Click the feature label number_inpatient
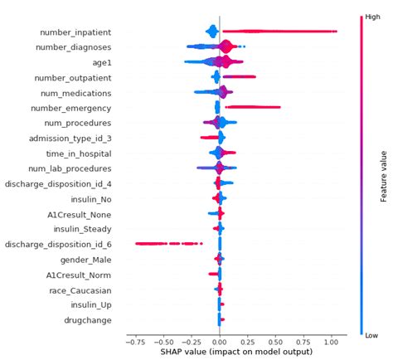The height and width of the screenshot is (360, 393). (76, 32)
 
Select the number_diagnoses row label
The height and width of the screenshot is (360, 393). (74, 47)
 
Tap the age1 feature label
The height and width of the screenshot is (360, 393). (97, 62)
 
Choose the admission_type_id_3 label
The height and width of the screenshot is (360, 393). (68, 139)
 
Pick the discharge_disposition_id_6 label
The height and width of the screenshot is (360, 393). (58, 245)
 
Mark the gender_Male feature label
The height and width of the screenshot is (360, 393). (84, 260)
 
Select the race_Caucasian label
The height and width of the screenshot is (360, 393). (77, 290)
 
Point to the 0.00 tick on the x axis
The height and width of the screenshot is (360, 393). (219, 341)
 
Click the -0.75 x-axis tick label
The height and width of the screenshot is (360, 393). (131, 341)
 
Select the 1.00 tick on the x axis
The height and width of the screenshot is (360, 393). (332, 341)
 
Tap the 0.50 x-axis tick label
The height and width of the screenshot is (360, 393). (275, 341)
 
